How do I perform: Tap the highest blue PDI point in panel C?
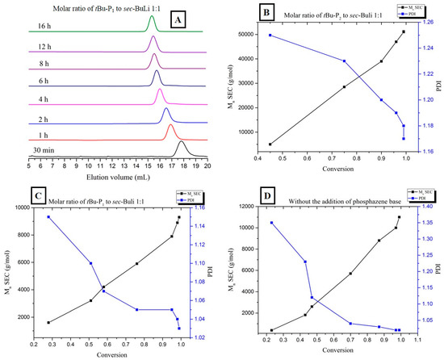(48, 217)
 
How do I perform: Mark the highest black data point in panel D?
(399, 217)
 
